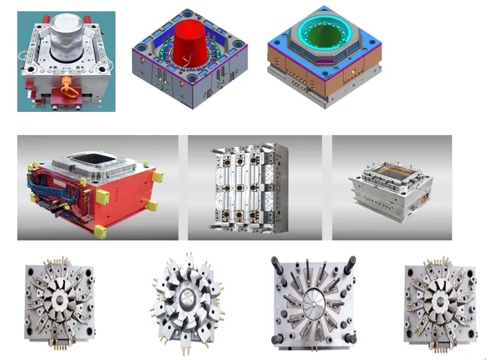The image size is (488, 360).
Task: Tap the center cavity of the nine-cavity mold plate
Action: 240,186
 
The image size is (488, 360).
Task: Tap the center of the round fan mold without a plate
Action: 186,299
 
